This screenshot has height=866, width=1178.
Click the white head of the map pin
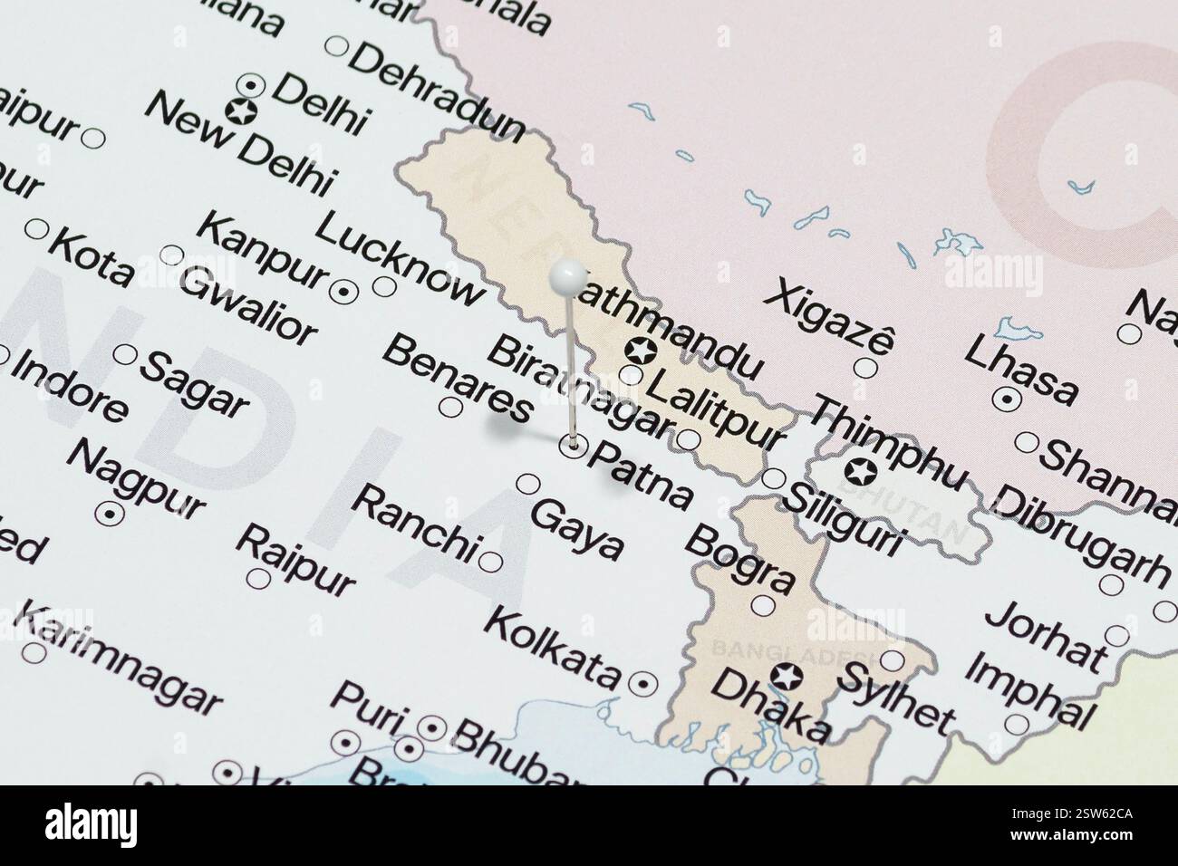click(x=568, y=274)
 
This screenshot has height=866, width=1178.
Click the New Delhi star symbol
click(x=243, y=112)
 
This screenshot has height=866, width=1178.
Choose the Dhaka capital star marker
click(x=786, y=675)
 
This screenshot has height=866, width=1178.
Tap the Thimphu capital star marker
click(x=858, y=472)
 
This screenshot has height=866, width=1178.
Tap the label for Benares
click(x=457, y=379)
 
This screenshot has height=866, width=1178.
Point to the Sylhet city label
click(x=896, y=698)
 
